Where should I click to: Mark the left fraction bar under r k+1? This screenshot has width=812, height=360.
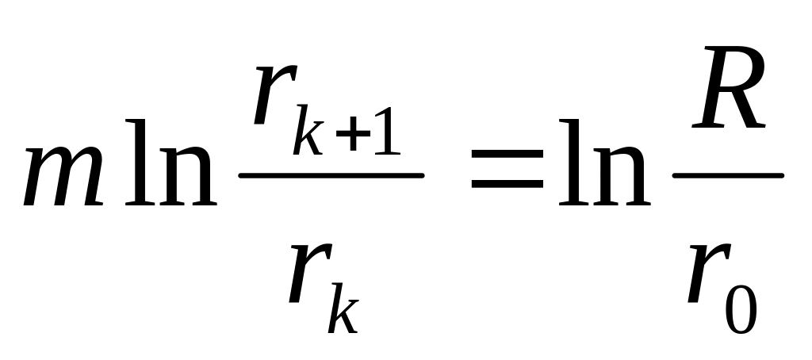(331, 175)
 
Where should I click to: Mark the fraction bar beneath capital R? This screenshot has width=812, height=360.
(728, 175)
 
